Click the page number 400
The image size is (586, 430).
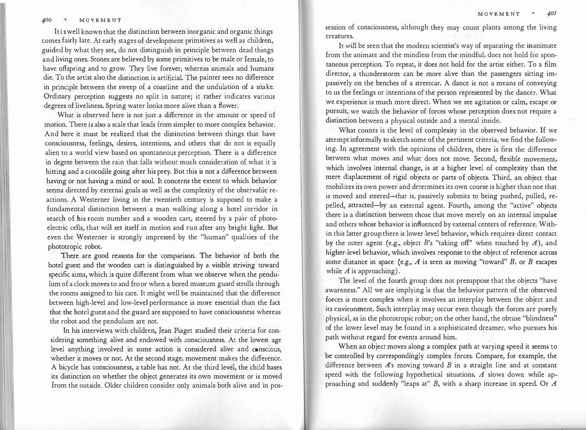46,20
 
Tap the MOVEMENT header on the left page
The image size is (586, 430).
100,20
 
